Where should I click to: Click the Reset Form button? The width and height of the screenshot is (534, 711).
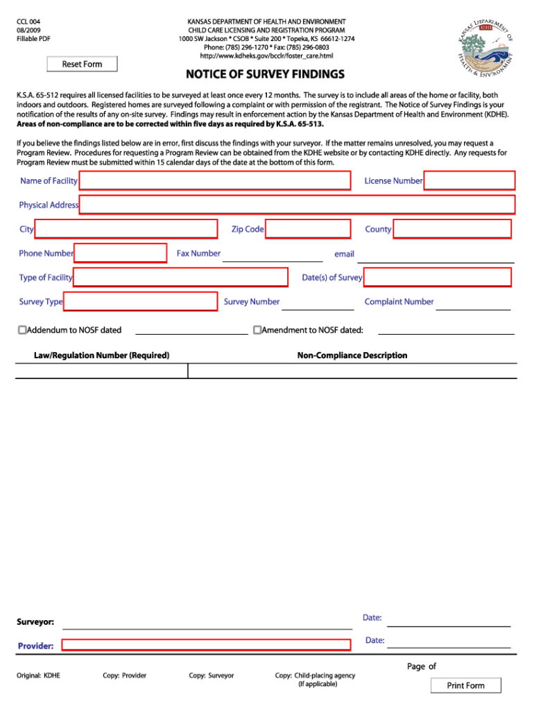[x=82, y=64]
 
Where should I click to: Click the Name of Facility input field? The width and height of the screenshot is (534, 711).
[x=215, y=181]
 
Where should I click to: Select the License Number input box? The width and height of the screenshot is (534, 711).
[x=469, y=181]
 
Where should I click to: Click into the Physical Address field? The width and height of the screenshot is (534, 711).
[x=297, y=205]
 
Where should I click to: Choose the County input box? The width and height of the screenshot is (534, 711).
[x=451, y=229]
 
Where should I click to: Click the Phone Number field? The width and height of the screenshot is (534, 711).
[x=121, y=253]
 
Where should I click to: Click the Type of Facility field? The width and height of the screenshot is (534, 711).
[x=180, y=278]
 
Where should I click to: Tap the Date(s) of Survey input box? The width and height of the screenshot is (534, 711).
[x=437, y=278]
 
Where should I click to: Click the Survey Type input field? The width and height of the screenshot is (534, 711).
[x=140, y=301]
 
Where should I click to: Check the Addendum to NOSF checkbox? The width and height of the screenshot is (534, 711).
[x=22, y=330]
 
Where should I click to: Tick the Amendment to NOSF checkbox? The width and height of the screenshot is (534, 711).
[x=257, y=330]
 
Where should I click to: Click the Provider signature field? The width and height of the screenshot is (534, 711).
[x=207, y=644]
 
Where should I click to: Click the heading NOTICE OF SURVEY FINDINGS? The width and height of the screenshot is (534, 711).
[x=264, y=74]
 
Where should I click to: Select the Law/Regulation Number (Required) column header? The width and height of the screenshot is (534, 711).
[x=101, y=355]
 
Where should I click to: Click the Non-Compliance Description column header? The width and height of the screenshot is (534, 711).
[x=352, y=355]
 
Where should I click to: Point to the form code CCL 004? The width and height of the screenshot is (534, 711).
[x=28, y=22]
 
